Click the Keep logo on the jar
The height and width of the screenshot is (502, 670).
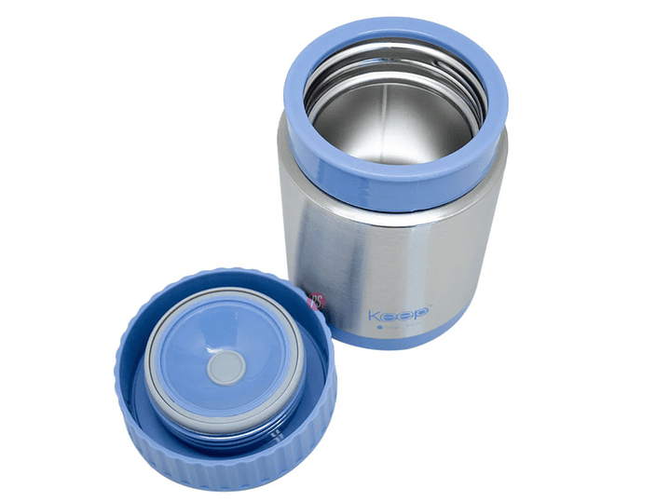pyautogui.click(x=397, y=315)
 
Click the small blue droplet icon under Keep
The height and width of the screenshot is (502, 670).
pyautogui.click(x=380, y=328)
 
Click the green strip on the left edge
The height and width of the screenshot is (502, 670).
pyautogui.click(x=41, y=251)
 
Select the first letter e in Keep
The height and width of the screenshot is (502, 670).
pyautogui.click(x=390, y=316)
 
